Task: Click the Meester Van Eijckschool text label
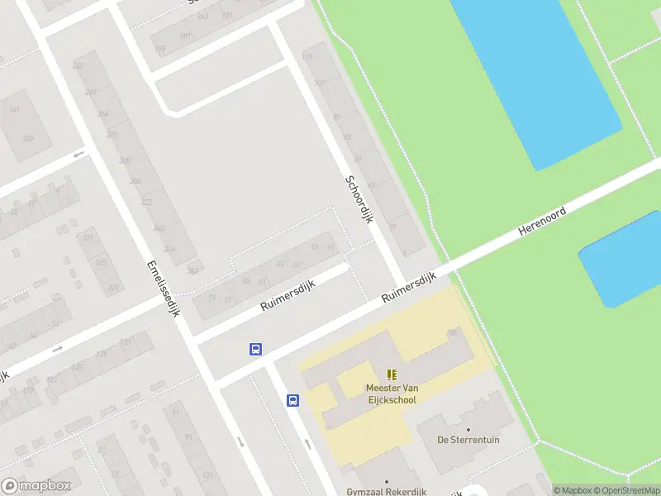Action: (x=392, y=393)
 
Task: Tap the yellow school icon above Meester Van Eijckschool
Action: (x=392, y=374)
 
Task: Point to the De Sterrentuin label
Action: (x=468, y=440)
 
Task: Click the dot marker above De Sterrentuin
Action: (x=468, y=429)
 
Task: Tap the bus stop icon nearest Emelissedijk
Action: (x=256, y=349)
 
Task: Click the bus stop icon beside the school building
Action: (x=292, y=401)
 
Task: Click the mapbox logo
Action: (x=36, y=486)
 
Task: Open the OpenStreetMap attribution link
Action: (x=626, y=490)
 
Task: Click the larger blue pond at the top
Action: (x=537, y=74)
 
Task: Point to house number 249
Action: (x=28, y=138)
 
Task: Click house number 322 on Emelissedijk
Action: (x=146, y=202)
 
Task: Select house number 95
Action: (x=336, y=116)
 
